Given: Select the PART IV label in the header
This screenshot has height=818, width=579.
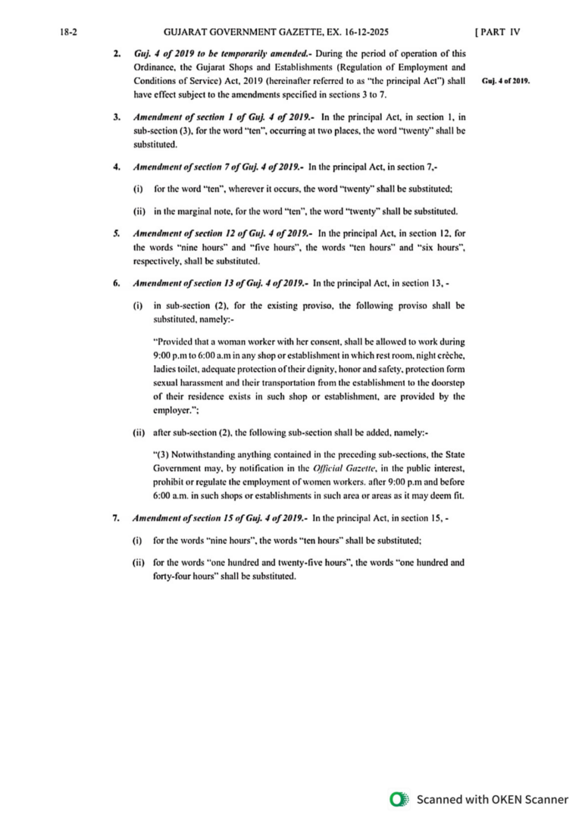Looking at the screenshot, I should [497, 32].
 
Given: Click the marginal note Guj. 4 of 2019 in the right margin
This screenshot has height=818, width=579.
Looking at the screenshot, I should [505, 81].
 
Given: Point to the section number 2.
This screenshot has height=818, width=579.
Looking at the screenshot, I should [116, 54].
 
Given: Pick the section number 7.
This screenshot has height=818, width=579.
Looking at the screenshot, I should [116, 519].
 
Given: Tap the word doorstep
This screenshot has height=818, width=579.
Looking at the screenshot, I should [447, 382].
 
